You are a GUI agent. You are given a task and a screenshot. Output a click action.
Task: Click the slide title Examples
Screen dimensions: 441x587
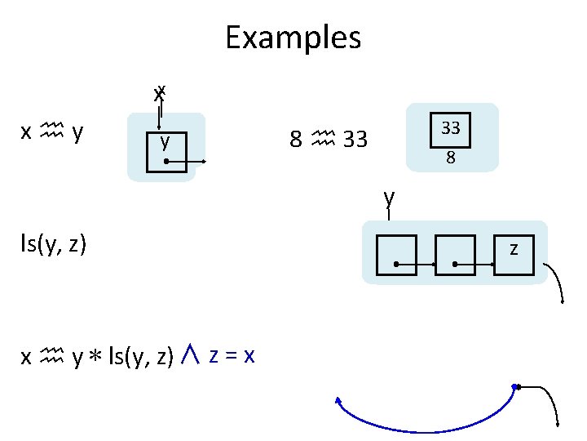293,37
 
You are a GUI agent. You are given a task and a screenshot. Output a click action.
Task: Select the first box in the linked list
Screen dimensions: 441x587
396,254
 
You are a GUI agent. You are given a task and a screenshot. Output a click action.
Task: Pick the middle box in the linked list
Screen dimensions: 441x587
455,254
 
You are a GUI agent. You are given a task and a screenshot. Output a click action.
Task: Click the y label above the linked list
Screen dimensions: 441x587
391,197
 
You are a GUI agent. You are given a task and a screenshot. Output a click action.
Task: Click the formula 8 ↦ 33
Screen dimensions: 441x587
329,140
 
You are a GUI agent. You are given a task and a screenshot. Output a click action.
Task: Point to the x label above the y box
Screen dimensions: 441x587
159,91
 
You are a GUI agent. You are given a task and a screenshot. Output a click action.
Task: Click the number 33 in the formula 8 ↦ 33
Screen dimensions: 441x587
355,140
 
